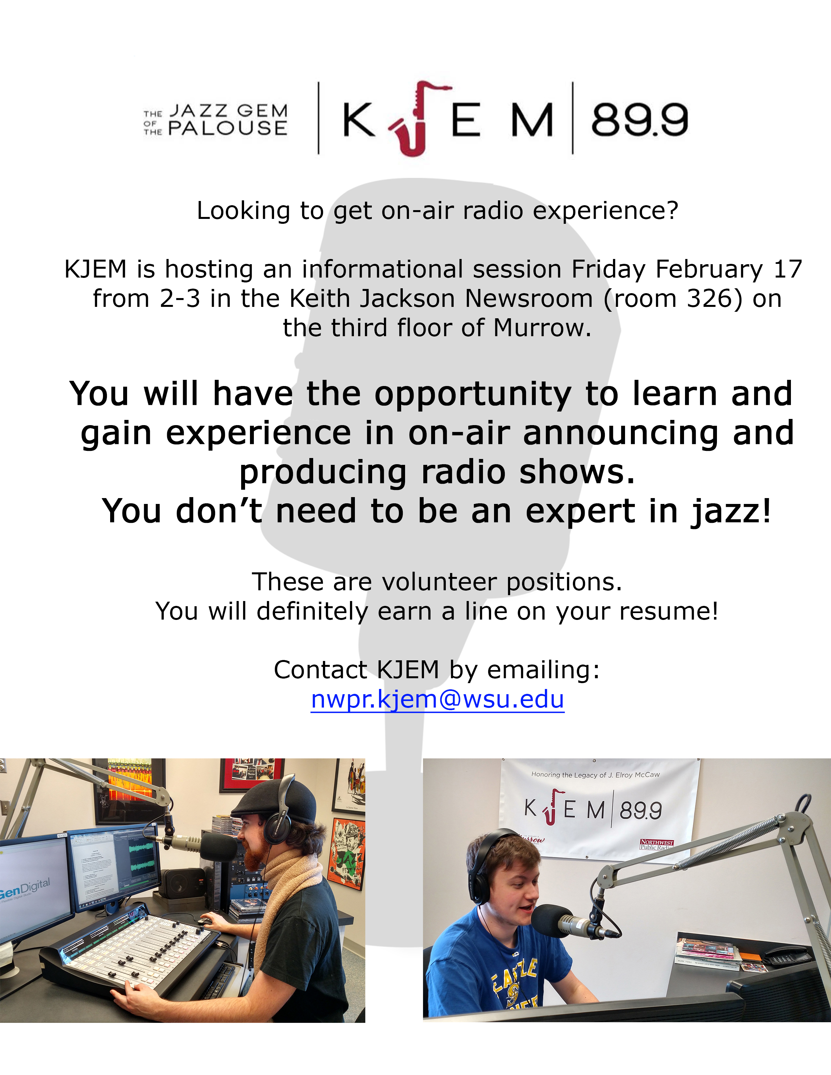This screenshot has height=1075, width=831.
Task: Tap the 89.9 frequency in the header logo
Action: (x=639, y=120)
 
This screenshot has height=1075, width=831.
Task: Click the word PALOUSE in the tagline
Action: (x=228, y=128)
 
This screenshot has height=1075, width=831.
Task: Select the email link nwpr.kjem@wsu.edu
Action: (x=437, y=699)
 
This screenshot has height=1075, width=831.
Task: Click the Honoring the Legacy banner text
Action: (x=596, y=775)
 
